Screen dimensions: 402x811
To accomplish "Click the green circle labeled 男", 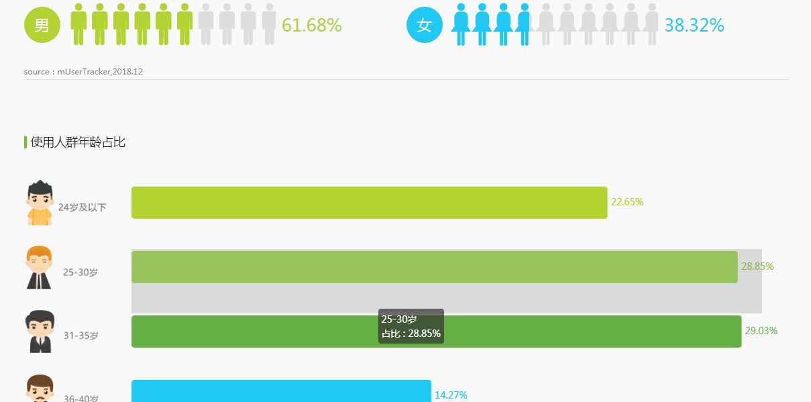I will (42, 26).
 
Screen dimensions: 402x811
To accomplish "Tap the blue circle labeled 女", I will (424, 26).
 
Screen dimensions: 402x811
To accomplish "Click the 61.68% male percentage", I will (311, 26).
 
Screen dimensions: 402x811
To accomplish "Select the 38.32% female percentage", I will (694, 26).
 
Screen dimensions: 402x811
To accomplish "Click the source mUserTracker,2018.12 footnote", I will (83, 71).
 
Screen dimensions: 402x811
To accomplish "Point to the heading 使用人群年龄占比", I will (78, 142).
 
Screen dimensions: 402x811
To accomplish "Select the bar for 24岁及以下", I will (369, 203).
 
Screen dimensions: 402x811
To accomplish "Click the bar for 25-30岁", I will (434, 267).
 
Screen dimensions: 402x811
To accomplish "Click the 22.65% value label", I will (627, 202).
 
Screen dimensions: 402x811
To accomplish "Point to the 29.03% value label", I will (761, 331).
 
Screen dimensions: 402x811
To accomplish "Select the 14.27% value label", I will (451, 395).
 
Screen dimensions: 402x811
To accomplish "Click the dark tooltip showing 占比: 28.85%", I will (411, 326).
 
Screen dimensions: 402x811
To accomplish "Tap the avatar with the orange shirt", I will (40, 202).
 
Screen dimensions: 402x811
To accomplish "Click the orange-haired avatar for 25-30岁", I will (39, 267).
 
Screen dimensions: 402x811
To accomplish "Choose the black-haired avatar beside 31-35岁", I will (40, 332).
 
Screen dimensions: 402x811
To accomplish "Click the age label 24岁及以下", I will (82, 207).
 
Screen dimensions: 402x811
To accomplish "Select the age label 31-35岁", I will (81, 336).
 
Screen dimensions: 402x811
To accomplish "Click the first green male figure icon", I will (79, 24).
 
